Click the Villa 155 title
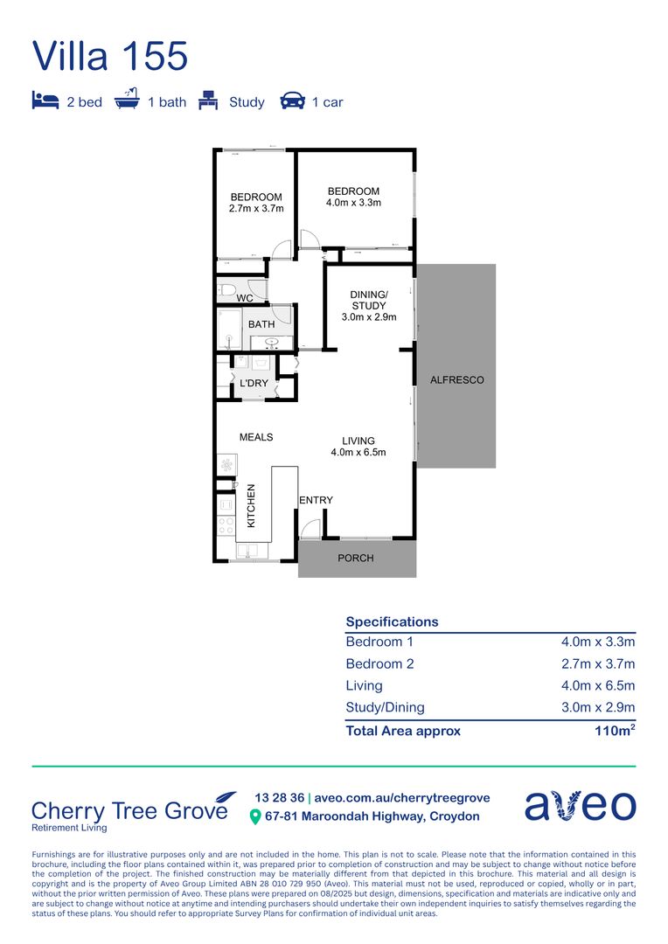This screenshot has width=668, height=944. pos(110,56)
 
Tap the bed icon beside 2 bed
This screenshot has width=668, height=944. pos(45,101)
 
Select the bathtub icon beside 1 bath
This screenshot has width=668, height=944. pos(127,100)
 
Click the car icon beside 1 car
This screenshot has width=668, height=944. pos(292,101)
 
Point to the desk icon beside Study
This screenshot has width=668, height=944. pos(208,101)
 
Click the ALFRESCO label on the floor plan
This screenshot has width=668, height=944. pos(456,380)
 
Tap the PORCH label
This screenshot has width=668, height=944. pos(355,558)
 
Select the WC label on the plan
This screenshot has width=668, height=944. pos(245,299)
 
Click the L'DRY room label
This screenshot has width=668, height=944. pos(254,384)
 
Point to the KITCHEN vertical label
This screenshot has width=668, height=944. pos(251,505)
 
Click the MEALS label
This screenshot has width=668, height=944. pos(256,437)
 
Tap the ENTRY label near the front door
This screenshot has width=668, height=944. pos(316,500)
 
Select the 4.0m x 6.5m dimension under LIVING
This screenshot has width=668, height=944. pos(358,453)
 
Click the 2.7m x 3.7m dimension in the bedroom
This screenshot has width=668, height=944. pos(256,209)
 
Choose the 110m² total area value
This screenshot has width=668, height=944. pos(615,731)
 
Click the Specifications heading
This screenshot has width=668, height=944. pos(392,621)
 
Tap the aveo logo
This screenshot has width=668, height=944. pos(580,805)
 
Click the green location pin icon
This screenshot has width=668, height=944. pos(255,817)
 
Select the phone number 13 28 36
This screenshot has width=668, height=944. pos(279,798)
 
